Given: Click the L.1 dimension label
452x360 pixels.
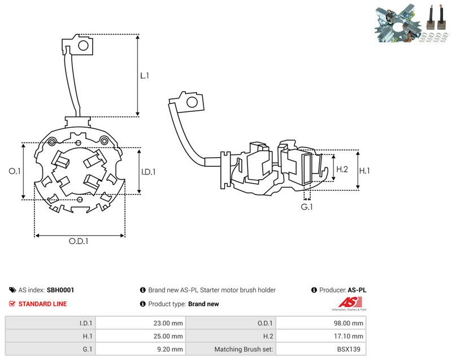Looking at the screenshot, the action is (145, 76).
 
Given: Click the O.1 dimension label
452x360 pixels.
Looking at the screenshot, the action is (15, 171).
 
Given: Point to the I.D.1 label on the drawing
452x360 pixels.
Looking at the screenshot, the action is (148, 172).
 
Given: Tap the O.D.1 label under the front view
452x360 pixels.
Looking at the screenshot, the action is (79, 241).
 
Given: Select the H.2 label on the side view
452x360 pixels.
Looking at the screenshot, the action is (342, 169).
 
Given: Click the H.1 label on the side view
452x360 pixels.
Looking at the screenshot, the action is (364, 171).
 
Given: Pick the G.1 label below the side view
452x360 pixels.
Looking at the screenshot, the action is (306, 207).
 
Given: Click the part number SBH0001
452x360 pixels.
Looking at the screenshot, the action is (60, 290).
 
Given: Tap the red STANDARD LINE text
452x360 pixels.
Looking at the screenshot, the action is (42, 304).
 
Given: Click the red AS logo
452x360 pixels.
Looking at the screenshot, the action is (350, 302).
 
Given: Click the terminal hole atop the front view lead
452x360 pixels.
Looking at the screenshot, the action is (83, 45).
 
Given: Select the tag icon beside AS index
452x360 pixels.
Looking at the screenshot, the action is (12, 290).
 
